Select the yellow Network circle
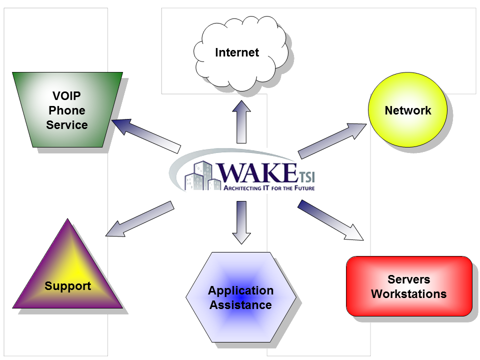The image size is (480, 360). click(407, 110)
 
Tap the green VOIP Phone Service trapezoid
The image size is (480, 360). click(67, 110)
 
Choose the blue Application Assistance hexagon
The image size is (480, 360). click(240, 297)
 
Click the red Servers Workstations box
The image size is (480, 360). click(408, 286)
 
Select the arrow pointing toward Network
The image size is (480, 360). click(332, 139)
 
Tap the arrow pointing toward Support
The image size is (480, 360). click(140, 218)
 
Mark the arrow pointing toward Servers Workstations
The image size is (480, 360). click(330, 220)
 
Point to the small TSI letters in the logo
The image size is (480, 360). click(307, 177)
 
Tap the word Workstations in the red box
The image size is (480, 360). click(408, 293)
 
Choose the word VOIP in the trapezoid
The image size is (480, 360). click(66, 95)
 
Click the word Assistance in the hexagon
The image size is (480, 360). click(240, 304)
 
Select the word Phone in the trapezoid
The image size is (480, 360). click(66, 110)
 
